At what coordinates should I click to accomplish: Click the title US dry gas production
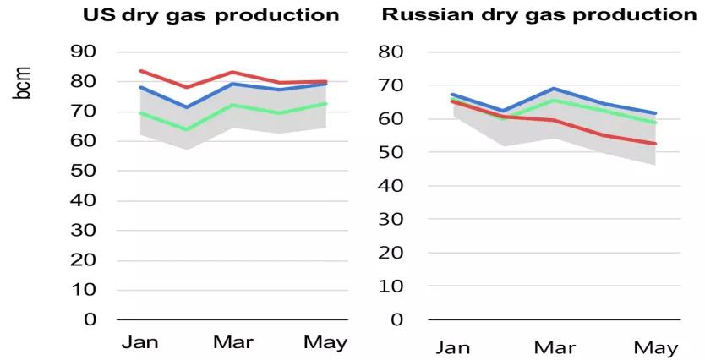[x=210, y=15]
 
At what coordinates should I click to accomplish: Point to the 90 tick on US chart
[x=89, y=52]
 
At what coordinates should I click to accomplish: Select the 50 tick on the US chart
[x=89, y=171]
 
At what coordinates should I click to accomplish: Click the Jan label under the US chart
[x=140, y=342]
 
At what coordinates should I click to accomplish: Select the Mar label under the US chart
[x=232, y=342]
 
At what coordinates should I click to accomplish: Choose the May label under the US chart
[x=325, y=342]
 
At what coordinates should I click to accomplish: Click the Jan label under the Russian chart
[x=454, y=347]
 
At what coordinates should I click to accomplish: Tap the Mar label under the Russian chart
[x=555, y=347]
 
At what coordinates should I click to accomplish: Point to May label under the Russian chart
[x=655, y=347]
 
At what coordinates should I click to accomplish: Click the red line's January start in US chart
[x=140, y=71]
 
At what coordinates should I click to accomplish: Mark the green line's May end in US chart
[x=326, y=104]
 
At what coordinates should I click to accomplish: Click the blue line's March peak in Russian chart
[x=555, y=89]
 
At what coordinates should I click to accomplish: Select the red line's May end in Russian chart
[x=655, y=144]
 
